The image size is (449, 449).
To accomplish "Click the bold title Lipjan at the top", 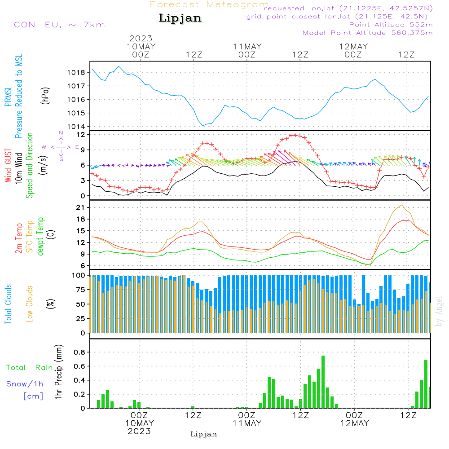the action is coord(180,18).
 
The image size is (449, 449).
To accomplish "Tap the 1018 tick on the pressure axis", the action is coord(76,73).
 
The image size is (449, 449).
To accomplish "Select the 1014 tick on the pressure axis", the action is coord(76,127).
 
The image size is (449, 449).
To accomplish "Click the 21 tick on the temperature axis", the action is coord(80,207).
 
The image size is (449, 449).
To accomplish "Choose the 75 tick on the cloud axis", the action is coord(81,290).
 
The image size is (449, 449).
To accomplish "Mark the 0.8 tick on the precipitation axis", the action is coord(79,352).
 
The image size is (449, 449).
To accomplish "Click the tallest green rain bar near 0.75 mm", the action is coord(323,382).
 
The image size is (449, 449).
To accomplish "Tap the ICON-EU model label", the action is coord(57,25).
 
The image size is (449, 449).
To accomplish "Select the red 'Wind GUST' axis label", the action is coord(8,165).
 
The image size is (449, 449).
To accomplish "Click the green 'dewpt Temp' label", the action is coord(40,236).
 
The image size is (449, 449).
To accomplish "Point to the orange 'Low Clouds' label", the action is coord(30,304).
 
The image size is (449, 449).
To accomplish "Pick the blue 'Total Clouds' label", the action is coord(8,304).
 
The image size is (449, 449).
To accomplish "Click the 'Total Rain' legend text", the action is coord(30,368).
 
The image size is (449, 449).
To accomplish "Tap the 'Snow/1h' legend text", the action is coord(25,384).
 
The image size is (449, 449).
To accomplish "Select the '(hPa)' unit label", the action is coord(45,96).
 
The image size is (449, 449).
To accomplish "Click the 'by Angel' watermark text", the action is coord(439,311).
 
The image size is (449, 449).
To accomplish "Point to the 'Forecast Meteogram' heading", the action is coord(209,4).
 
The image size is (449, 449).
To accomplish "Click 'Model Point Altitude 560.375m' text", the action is coord(368,33).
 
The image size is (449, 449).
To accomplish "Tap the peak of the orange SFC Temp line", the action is coord(402,205).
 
